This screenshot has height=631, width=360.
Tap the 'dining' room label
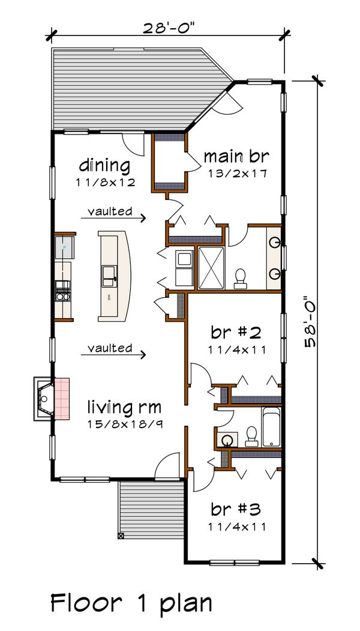click(x=104, y=165)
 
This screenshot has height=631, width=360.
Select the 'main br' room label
click(x=236, y=157)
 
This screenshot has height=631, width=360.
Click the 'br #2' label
click(x=235, y=333)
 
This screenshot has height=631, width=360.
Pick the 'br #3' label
click(x=235, y=510)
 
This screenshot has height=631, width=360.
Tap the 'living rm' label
click(x=124, y=408)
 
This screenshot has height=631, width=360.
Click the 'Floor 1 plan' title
click(x=131, y=602)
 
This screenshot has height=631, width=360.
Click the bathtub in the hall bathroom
click(x=272, y=427)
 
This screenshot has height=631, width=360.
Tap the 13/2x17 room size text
click(x=236, y=174)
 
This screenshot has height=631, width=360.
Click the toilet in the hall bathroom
click(x=251, y=433)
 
